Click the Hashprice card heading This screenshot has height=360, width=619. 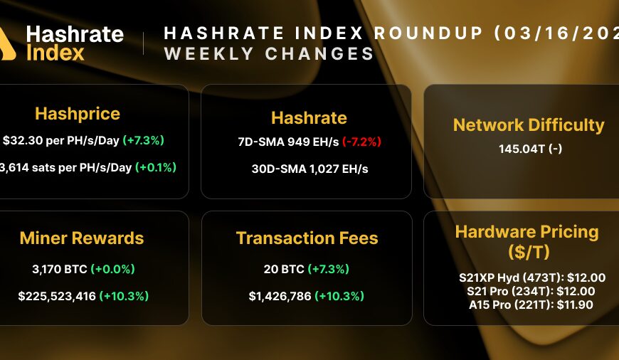[x=78, y=114]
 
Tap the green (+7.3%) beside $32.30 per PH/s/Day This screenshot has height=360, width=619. [x=143, y=141]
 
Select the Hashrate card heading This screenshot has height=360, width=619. [x=309, y=117]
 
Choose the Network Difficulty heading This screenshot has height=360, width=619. [x=529, y=125]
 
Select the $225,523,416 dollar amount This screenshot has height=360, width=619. [x=57, y=295]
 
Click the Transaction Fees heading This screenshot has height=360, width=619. [x=307, y=238]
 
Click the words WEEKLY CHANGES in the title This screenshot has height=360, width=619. [x=269, y=54]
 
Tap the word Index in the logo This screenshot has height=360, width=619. [x=55, y=52]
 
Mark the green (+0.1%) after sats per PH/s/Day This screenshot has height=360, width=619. [x=156, y=167]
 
